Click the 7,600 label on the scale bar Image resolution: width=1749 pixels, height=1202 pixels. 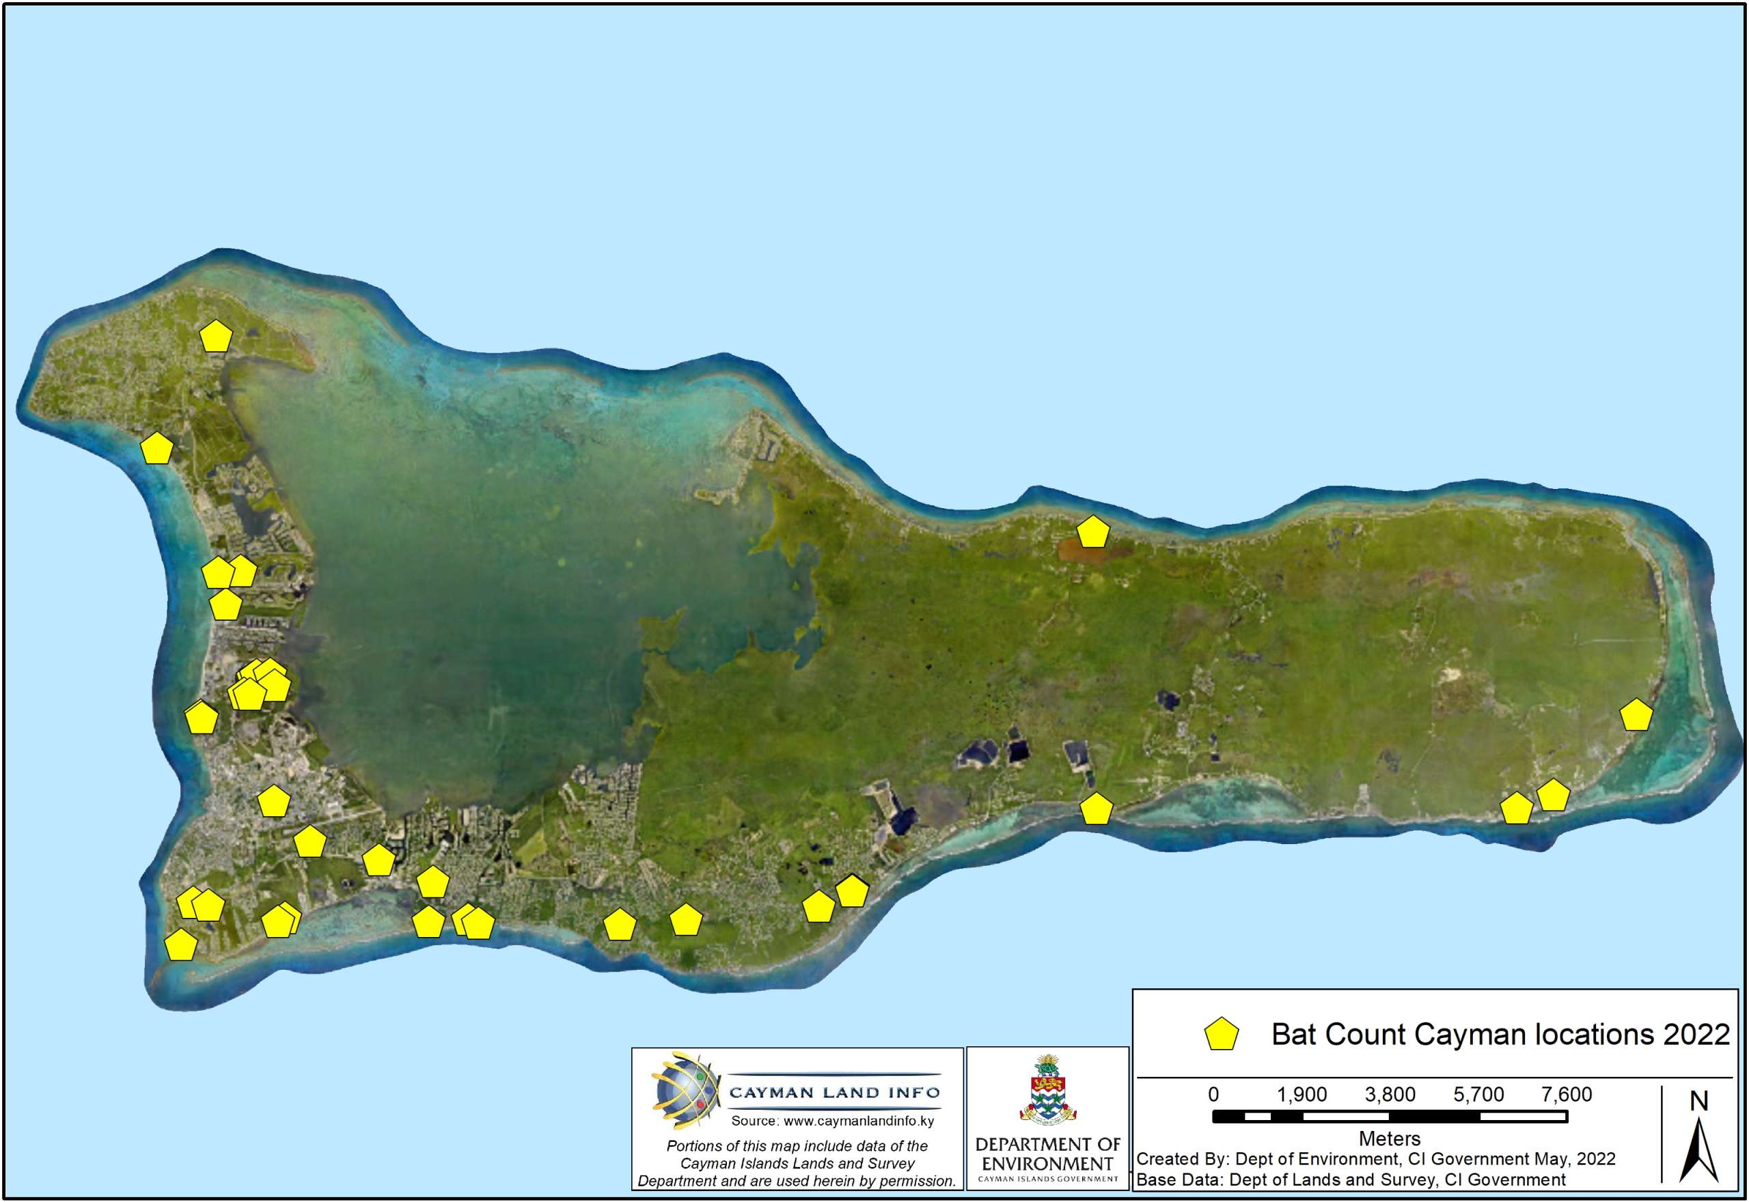1567,1094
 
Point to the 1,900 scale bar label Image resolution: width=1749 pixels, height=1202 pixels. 1302,1094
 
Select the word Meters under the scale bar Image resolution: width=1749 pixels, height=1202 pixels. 1390,1138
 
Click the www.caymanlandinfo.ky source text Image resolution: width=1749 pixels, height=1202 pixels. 832,1121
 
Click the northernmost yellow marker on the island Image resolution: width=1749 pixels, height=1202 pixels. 216,337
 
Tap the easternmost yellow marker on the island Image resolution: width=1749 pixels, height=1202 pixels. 1636,715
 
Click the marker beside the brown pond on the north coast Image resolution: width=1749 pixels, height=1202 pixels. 1093,533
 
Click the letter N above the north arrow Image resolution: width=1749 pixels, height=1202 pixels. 1698,1101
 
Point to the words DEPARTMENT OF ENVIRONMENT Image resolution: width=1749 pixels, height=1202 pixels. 1047,1154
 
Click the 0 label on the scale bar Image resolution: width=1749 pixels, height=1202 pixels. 1213,1094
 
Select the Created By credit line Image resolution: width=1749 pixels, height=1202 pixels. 1375,1159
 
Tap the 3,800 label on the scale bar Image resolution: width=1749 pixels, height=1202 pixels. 1390,1094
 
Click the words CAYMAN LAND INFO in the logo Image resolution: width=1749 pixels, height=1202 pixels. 834,1092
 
